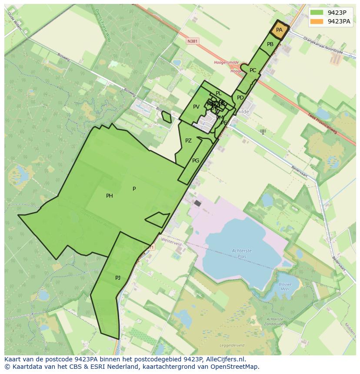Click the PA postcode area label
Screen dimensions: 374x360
[x=279, y=30]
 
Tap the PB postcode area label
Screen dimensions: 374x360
[x=270, y=44]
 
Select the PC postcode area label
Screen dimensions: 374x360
[x=253, y=70]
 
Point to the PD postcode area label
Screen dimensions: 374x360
[x=240, y=98]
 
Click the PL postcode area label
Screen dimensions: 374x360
[x=218, y=93]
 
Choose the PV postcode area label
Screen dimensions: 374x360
[x=196, y=107]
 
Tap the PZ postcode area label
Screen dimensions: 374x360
[x=188, y=141]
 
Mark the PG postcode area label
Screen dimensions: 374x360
[x=196, y=161]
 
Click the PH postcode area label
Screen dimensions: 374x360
[x=110, y=196]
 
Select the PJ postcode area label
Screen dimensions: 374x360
[x=118, y=278]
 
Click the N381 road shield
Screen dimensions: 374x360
[x=192, y=41]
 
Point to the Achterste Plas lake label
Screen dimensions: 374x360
[x=242, y=253]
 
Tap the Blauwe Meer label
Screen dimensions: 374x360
[x=285, y=286]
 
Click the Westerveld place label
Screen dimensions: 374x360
[x=171, y=244]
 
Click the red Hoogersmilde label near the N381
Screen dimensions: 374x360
[x=227, y=63]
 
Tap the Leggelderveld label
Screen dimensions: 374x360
[x=232, y=346]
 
